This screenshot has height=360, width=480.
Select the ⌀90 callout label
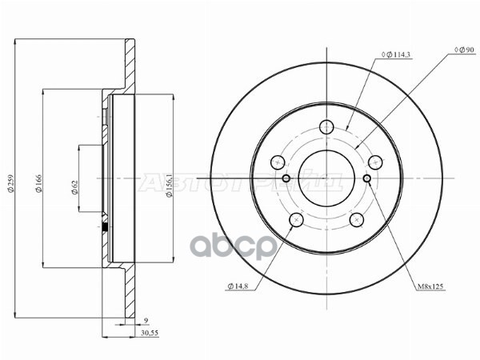pos(464,50)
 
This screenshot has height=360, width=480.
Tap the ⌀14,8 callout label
pos(240,285)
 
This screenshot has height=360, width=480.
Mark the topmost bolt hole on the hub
pos(326,126)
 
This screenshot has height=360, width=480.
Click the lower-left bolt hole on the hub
pos(297,219)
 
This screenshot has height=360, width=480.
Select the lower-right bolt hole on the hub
pos(356,219)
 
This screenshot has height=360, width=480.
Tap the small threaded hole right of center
pos(366,178)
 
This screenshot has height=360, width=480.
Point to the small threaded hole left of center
pos(286,178)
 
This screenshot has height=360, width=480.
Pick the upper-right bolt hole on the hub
pos(374,161)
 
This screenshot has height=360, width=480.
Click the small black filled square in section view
pos(106,228)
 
